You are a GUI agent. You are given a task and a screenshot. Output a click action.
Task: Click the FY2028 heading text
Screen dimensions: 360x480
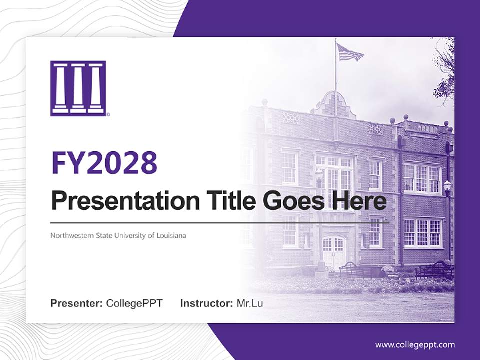click(x=104, y=163)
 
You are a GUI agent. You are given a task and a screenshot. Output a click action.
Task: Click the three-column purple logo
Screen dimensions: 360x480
click(x=78, y=88)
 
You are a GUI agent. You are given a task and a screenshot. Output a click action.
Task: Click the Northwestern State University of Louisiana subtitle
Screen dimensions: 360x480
click(x=118, y=235)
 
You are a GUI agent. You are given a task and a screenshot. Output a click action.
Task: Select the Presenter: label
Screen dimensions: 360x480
click(x=76, y=303)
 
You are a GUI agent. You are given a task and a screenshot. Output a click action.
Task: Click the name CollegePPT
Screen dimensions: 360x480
click(x=134, y=303)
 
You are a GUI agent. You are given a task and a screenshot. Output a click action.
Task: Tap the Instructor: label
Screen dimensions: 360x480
click(x=206, y=303)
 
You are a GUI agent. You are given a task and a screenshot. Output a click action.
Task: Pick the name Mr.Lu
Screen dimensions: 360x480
click(x=250, y=303)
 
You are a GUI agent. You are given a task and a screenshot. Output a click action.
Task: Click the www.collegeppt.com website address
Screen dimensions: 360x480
click(x=415, y=345)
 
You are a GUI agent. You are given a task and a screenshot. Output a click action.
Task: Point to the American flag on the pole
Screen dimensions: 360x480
click(x=349, y=52)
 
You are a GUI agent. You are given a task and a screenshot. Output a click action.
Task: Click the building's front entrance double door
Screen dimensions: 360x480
click(x=333, y=252)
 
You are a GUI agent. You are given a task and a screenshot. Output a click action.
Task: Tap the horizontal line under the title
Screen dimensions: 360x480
click(x=220, y=222)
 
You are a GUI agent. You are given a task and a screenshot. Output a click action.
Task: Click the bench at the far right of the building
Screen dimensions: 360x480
click(x=435, y=270)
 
